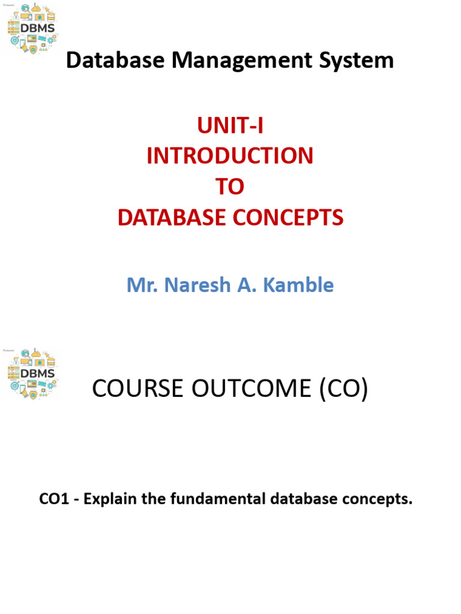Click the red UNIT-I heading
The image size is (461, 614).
[x=230, y=126]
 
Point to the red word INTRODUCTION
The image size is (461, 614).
[x=230, y=156]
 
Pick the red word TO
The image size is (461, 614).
[x=230, y=187]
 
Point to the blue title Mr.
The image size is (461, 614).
[x=140, y=285]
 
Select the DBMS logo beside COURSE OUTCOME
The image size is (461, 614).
[x=31, y=373]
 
